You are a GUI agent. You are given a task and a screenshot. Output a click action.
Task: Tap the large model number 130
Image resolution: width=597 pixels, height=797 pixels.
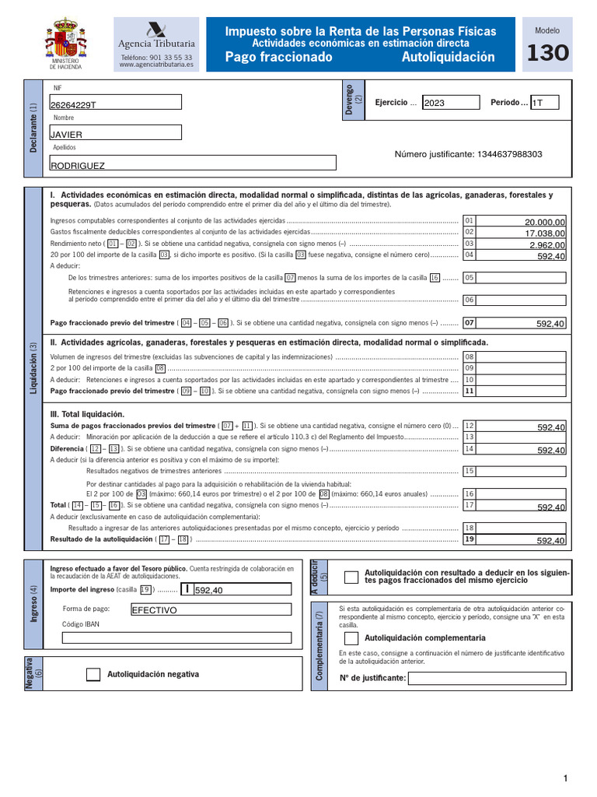547,54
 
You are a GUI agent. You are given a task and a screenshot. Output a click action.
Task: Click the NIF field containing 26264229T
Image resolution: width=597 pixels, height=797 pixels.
115,103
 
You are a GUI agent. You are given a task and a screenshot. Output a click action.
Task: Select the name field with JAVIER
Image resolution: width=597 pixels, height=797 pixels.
115,133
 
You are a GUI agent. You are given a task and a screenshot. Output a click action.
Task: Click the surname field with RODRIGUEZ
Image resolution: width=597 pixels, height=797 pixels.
193,163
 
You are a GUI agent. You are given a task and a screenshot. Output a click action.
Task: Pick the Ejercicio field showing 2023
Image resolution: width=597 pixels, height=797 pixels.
451,103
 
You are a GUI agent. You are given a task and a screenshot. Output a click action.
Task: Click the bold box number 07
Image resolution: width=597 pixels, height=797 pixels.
469,323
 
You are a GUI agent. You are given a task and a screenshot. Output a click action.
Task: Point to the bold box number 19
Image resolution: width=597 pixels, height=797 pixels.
469,539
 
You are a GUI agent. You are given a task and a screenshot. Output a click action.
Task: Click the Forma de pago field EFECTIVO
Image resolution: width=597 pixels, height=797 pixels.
211,609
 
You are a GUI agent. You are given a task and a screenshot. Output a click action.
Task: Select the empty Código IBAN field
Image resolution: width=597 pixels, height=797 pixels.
177,637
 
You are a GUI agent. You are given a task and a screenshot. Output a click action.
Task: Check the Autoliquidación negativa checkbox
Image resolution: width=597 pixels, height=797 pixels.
93,675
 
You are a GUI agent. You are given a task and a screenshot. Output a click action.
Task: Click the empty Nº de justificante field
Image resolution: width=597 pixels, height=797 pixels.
487,678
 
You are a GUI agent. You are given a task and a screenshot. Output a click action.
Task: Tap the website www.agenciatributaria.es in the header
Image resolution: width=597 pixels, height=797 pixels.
156,66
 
